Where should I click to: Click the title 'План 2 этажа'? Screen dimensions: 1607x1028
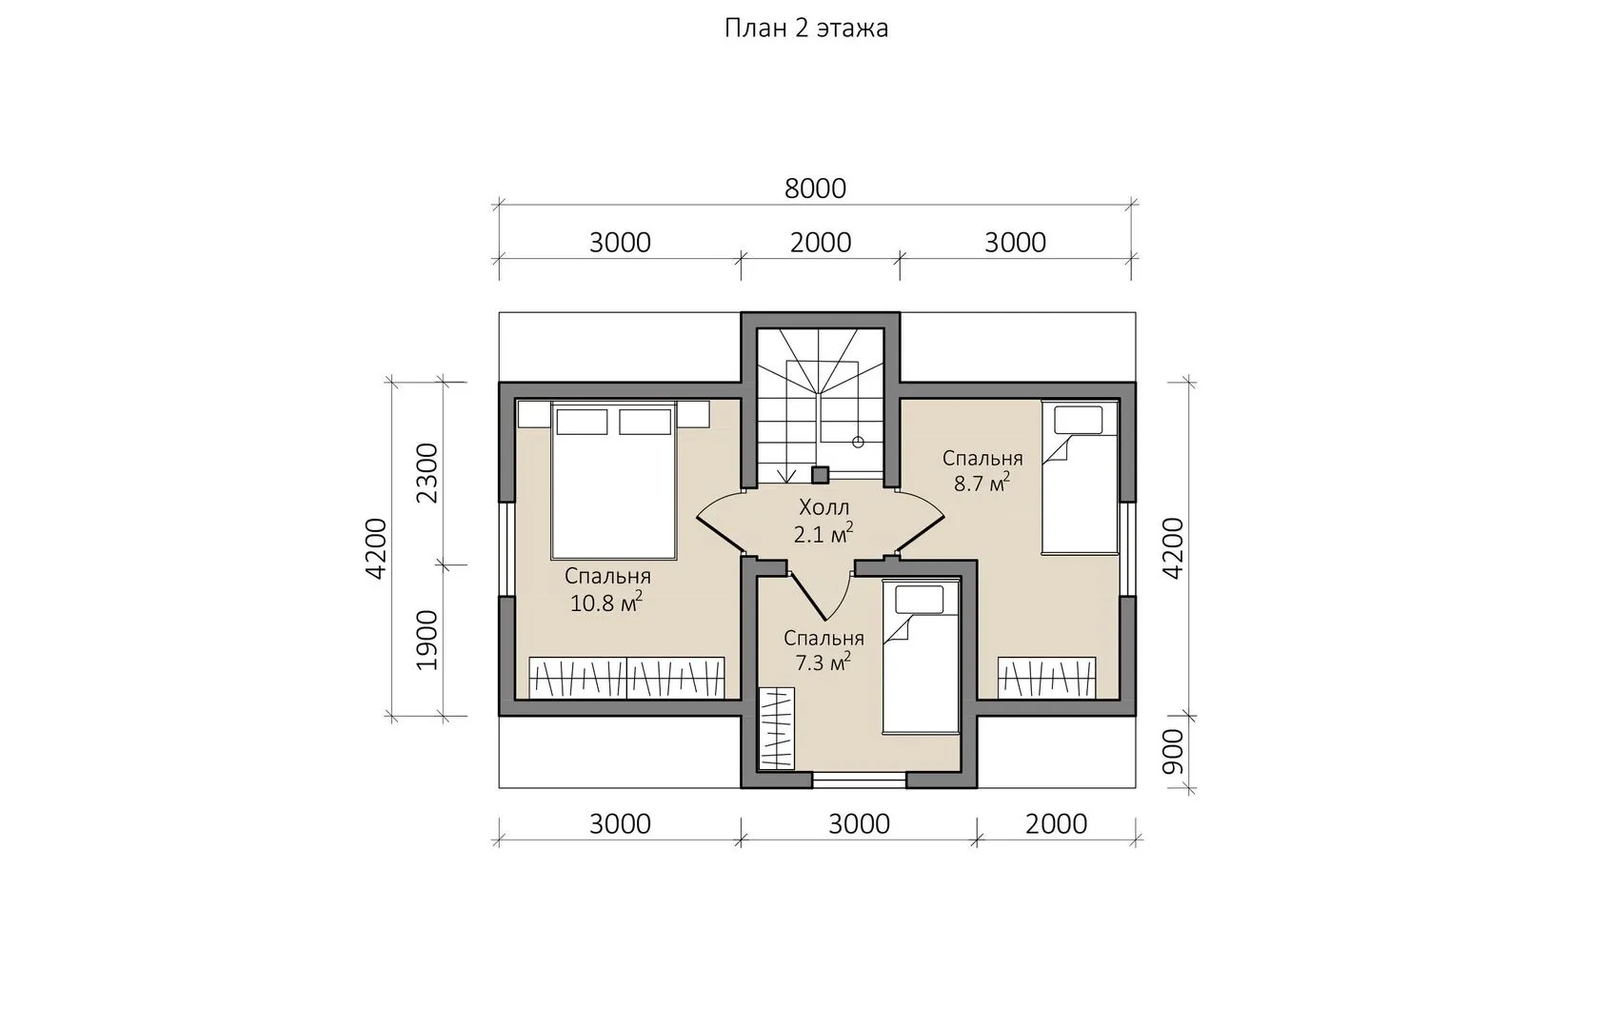click(x=806, y=29)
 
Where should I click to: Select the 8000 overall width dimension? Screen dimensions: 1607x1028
click(x=815, y=188)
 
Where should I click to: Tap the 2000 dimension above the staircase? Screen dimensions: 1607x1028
click(x=821, y=243)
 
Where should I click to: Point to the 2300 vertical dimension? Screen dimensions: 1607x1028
click(x=427, y=473)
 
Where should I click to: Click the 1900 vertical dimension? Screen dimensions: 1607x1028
click(x=427, y=640)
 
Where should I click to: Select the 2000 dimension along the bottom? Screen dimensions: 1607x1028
click(x=1056, y=824)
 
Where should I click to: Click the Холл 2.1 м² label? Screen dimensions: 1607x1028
click(x=823, y=521)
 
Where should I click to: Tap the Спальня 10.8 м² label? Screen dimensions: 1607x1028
click(x=607, y=590)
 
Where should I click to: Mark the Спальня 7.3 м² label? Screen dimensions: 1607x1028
click(x=823, y=650)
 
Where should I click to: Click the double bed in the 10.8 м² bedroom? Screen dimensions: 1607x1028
click(x=613, y=480)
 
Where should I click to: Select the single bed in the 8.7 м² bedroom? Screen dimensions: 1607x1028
click(x=1080, y=478)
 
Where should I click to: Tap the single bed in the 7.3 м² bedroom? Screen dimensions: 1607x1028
click(x=921, y=657)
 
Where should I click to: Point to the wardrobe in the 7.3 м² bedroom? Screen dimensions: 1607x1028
click(x=777, y=729)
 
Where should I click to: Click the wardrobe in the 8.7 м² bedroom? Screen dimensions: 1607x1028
click(x=1046, y=677)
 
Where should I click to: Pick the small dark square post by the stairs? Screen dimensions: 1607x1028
click(x=820, y=475)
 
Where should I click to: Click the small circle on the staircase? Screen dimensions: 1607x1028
click(x=858, y=443)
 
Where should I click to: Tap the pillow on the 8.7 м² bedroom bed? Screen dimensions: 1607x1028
click(x=1079, y=420)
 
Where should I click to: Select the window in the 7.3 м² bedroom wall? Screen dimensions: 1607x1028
click(x=860, y=779)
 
